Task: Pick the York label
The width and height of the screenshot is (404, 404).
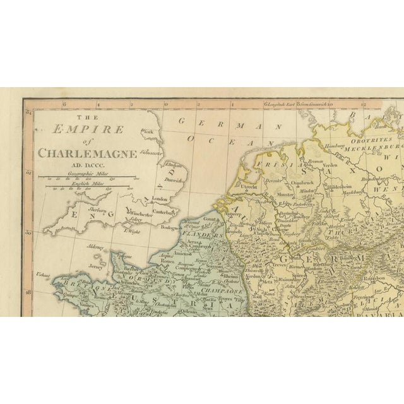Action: (x=150, y=132)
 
